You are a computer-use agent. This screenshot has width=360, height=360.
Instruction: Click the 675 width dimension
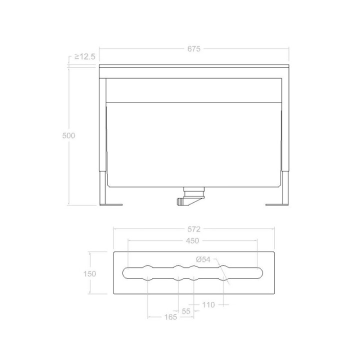click(x=194, y=49)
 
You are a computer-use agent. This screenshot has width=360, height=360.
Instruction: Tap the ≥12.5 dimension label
click(x=84, y=56)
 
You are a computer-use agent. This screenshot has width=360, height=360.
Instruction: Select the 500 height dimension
click(x=68, y=135)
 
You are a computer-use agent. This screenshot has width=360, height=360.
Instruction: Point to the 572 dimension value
click(x=194, y=229)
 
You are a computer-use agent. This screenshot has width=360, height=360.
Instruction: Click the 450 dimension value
click(x=192, y=241)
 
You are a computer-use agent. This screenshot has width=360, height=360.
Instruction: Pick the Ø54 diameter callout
click(x=203, y=259)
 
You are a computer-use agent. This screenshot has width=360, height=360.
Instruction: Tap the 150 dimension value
click(x=89, y=273)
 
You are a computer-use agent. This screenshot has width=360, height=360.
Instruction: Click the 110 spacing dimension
click(x=208, y=305)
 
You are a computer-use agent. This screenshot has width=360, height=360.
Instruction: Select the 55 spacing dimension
click(x=186, y=311)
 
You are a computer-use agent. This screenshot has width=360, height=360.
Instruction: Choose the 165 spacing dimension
click(x=170, y=317)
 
